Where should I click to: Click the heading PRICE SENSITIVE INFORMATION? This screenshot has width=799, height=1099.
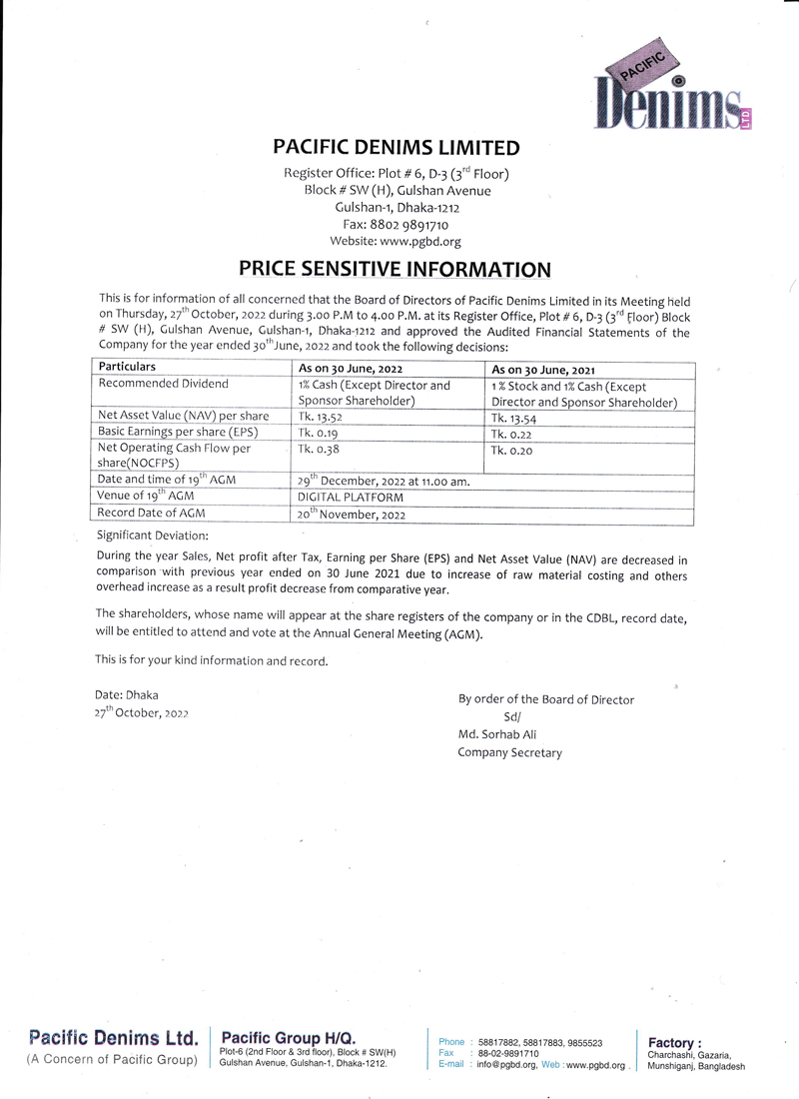(x=395, y=269)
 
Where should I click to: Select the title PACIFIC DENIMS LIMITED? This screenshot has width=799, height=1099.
(x=397, y=148)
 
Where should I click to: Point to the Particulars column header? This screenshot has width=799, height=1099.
(x=128, y=367)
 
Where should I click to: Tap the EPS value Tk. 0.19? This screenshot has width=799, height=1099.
(x=318, y=434)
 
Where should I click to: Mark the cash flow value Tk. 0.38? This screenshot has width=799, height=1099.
(x=318, y=450)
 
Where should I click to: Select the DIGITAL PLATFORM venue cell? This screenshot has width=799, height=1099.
(x=351, y=497)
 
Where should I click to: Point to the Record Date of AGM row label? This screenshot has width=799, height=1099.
(x=153, y=513)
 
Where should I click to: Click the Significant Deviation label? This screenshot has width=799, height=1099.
(x=153, y=536)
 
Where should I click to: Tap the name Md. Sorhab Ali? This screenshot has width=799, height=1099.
(x=501, y=734)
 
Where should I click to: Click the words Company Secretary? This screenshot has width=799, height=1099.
(x=509, y=752)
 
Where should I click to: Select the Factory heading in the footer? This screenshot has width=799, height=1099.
(x=675, y=1042)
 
